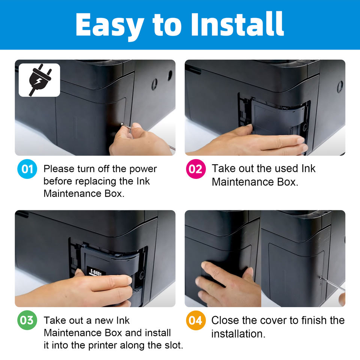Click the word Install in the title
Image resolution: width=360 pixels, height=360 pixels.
[238, 24]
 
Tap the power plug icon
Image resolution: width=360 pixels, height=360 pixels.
[39, 79]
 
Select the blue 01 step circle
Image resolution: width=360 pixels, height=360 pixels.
[27, 169]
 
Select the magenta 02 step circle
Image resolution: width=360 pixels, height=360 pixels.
[196, 169]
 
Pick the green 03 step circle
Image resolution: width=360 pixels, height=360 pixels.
[27, 320]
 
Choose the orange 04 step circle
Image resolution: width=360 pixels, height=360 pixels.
[196, 320]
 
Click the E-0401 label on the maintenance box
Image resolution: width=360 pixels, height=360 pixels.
[96, 273]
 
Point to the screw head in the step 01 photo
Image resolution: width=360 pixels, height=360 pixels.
[122, 124]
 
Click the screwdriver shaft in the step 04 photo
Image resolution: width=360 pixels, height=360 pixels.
[333, 284]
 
